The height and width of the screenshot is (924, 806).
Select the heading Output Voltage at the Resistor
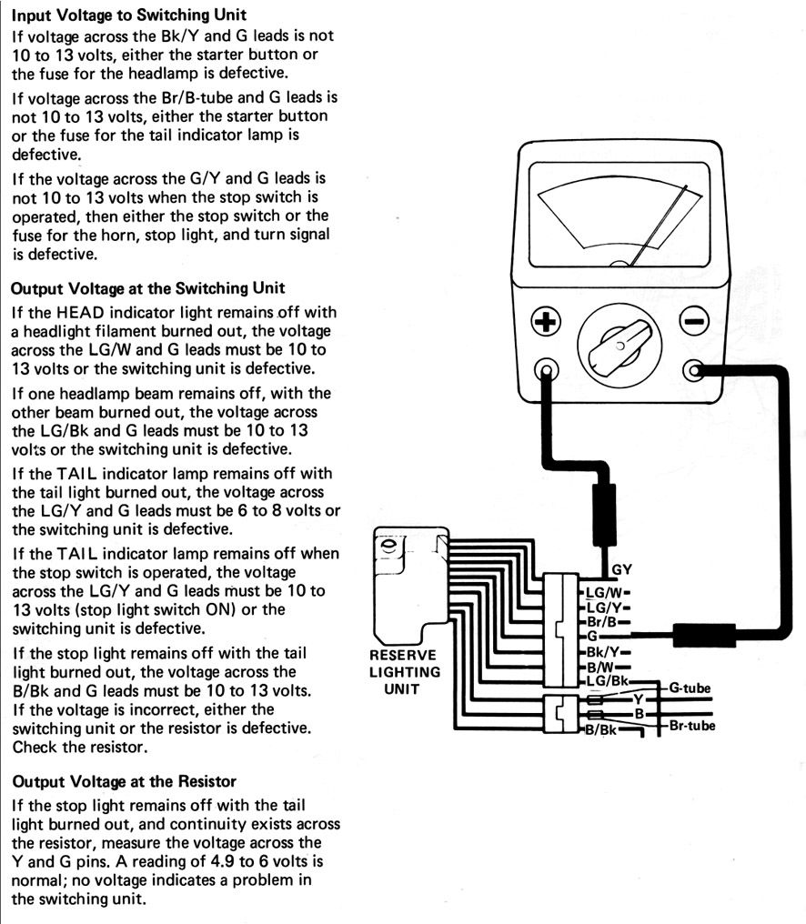[123, 781]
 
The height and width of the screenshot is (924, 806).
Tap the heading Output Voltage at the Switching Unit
[147, 288]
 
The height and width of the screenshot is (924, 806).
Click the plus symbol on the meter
[545, 320]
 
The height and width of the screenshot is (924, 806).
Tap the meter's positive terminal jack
[546, 370]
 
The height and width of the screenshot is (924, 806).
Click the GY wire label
[622, 571]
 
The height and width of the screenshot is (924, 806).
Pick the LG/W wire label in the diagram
[603, 592]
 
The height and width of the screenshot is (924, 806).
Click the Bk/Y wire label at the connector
[602, 652]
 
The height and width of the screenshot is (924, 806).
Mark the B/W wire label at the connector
[600, 667]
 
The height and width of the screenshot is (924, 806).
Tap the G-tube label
[690, 688]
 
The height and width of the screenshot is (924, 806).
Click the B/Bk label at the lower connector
[601, 730]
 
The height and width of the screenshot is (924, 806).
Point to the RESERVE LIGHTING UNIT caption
[405, 671]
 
